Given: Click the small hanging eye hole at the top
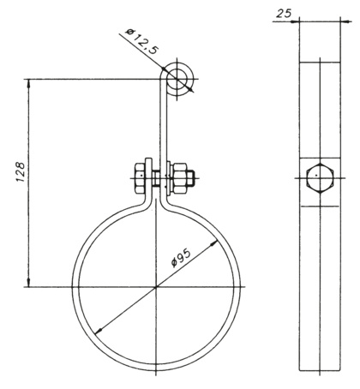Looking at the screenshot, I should point(180,78).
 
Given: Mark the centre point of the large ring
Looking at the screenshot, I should point(156,287).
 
